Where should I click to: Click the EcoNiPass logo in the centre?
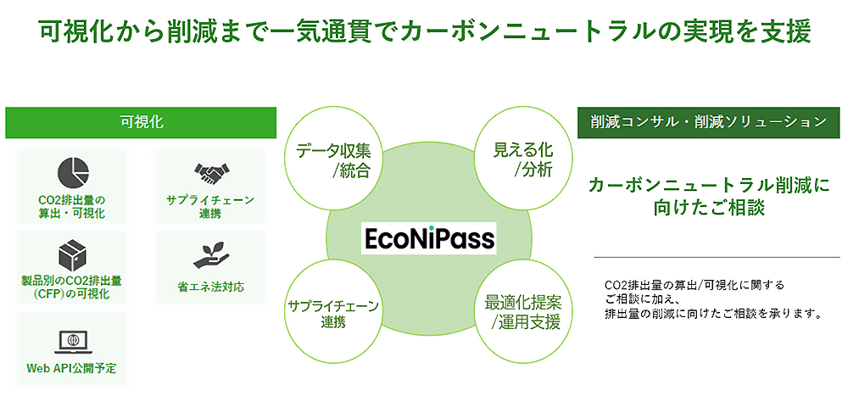pos(428,238)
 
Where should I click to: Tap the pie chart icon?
pos(72,172)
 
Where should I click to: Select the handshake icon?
pos(210,173)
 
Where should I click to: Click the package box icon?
pos(72,255)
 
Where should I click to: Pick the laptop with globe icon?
pos(73,342)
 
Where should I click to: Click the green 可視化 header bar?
pos(141,122)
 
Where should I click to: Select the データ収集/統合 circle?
pos(335,161)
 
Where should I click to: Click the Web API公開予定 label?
pos(71,369)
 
